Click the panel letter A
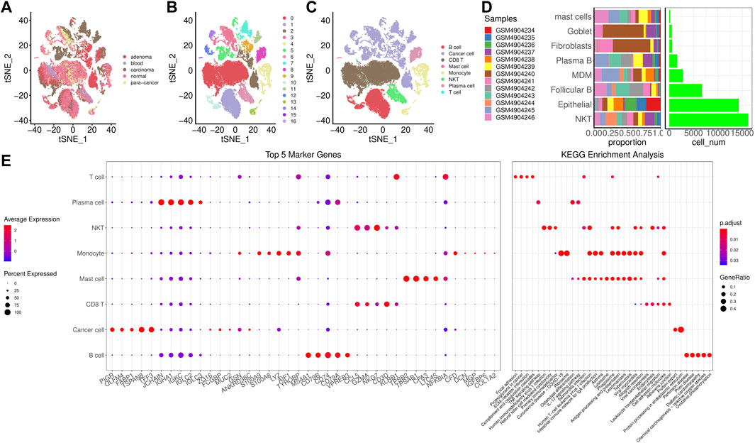(6, 8)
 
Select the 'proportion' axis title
(627, 142)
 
